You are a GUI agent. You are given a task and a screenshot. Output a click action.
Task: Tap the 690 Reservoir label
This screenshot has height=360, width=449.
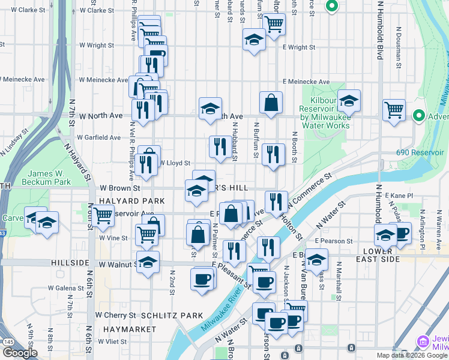point(420,152)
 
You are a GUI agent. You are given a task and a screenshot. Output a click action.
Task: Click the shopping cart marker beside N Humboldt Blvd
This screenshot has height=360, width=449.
point(394,110)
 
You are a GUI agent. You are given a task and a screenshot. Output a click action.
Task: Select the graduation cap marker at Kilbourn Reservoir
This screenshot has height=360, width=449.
point(348,101)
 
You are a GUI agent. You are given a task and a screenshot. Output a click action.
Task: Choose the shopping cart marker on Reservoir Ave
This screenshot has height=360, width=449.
point(103,215)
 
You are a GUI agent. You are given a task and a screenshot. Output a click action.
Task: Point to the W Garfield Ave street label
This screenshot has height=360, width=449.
point(98,137)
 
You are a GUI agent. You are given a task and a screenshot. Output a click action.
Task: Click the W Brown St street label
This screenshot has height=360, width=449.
point(120,188)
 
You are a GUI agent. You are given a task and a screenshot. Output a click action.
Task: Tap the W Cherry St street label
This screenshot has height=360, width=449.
point(115,315)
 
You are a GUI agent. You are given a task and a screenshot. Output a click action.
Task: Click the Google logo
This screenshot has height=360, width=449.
point(20,353)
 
